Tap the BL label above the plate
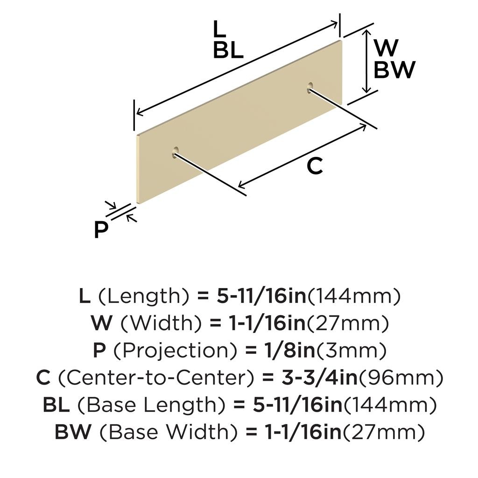click(228, 50)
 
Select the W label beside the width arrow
click(386, 48)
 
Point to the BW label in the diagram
click(394, 70)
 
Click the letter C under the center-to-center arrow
click(315, 166)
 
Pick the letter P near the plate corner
click(101, 230)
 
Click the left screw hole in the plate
click(176, 152)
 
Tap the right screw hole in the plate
click(310, 87)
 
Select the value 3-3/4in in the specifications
click(319, 378)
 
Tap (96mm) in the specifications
click(401, 378)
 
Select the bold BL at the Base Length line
click(56, 405)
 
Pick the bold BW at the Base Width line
click(73, 432)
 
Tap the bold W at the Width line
click(101, 323)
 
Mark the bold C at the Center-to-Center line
click(43, 378)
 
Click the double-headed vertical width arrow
click(367, 61)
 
